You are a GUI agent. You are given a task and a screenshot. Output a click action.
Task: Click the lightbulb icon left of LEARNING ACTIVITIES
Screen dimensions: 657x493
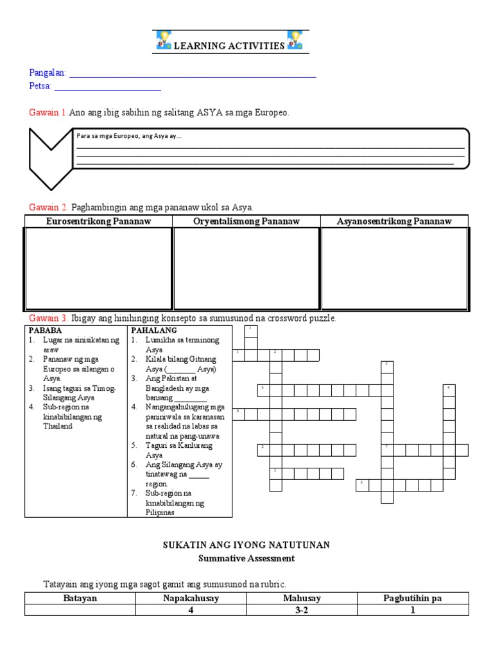pyautogui.click(x=163, y=40)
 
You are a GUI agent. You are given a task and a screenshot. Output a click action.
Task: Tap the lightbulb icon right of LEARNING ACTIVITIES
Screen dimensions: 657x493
pyautogui.click(x=295, y=40)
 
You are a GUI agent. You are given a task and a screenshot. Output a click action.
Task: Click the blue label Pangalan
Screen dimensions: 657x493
pyautogui.click(x=48, y=73)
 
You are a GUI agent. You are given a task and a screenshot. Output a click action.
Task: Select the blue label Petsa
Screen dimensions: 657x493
pyautogui.click(x=40, y=86)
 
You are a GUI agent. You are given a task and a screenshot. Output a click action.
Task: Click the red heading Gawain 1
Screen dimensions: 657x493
pyautogui.click(x=48, y=112)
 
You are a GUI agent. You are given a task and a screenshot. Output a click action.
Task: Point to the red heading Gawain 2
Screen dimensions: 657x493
pyautogui.click(x=48, y=207)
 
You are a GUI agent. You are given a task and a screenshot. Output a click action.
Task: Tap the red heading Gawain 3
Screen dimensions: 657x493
pyautogui.click(x=48, y=318)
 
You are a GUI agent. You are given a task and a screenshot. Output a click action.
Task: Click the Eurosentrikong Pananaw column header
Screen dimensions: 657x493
pyautogui.click(x=98, y=221)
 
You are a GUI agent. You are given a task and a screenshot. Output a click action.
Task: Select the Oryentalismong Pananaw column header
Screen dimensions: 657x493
pyautogui.click(x=246, y=221)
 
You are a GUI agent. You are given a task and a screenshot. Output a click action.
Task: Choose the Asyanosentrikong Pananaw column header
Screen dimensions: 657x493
pyautogui.click(x=394, y=221)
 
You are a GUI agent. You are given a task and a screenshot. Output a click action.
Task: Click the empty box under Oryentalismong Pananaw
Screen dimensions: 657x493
pyautogui.click(x=246, y=268)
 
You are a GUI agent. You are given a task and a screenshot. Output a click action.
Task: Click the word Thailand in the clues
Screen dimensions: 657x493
pyautogui.click(x=58, y=426)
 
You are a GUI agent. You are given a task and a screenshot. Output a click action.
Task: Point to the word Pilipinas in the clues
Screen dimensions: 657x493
pyautogui.click(x=161, y=512)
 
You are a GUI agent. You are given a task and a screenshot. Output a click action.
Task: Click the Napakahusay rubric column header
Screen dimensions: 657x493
pyautogui.click(x=191, y=598)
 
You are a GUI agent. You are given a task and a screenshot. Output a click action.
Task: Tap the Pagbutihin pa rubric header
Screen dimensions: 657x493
pyautogui.click(x=413, y=598)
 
